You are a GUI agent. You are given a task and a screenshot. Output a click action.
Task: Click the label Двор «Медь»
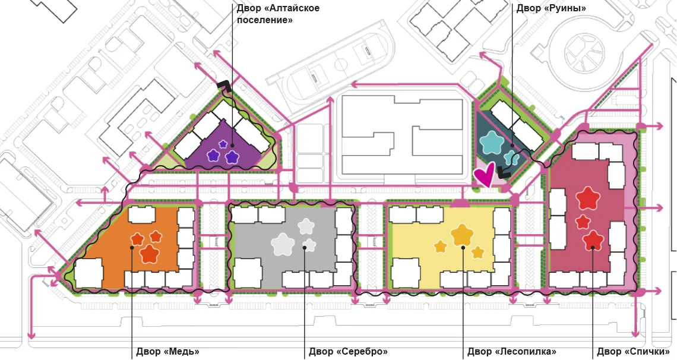coord(167,352)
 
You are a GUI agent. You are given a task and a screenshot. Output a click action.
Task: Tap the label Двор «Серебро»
coord(348,352)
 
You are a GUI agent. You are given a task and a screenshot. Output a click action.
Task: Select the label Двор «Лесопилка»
coord(512,352)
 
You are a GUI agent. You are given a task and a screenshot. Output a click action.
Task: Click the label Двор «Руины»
coord(551,8)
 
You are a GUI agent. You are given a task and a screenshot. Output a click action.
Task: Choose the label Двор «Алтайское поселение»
coord(278,14)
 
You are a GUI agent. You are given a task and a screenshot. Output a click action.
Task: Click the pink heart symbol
coord(485,174)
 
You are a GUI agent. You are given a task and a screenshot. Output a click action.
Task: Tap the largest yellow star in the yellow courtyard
coord(463,235)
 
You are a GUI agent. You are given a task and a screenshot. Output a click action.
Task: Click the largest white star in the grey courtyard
coord(283,244)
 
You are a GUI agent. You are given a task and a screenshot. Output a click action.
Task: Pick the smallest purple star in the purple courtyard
coord(223,144)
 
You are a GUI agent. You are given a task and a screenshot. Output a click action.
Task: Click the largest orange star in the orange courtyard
coord(149,253)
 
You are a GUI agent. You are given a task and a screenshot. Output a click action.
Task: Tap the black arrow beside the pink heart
coord(504,171)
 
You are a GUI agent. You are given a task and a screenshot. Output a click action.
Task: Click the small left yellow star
coord(441,247)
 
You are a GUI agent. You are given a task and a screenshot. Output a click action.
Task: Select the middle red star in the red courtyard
coord(583,222)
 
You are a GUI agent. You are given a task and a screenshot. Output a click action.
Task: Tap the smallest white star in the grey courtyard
coord(309,245)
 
